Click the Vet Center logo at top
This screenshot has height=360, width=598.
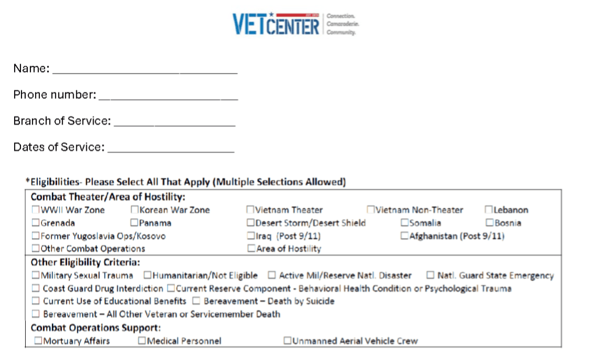(x=296, y=24)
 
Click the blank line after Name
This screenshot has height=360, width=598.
(x=145, y=69)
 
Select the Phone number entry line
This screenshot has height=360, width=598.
(x=168, y=95)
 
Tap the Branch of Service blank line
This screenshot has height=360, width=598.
(x=174, y=121)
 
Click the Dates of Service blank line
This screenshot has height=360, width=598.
(x=170, y=147)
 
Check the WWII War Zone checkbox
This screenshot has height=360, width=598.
(x=36, y=210)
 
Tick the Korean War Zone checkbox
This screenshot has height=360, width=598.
(x=135, y=210)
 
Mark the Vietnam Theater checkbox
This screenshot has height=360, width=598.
(x=251, y=210)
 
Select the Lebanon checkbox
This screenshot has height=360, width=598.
(x=489, y=210)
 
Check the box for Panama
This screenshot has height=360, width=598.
(x=135, y=223)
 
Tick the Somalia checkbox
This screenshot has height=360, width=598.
(x=405, y=223)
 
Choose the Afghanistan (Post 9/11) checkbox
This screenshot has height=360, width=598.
(x=405, y=236)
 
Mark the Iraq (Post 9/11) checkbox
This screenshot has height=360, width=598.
(x=251, y=236)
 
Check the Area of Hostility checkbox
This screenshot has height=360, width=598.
(x=251, y=249)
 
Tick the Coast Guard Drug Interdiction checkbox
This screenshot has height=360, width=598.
(x=36, y=289)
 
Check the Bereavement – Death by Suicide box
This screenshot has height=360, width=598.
(x=196, y=301)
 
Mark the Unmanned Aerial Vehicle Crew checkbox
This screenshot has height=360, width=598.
(x=287, y=341)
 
